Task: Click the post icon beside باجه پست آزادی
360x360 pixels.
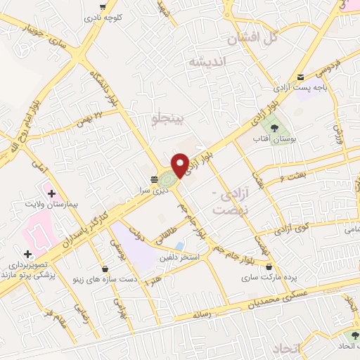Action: point(301,77)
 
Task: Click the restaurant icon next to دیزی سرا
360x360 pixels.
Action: point(154,178)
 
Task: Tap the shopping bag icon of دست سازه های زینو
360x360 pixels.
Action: point(105,268)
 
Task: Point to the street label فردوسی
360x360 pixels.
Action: point(327,69)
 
